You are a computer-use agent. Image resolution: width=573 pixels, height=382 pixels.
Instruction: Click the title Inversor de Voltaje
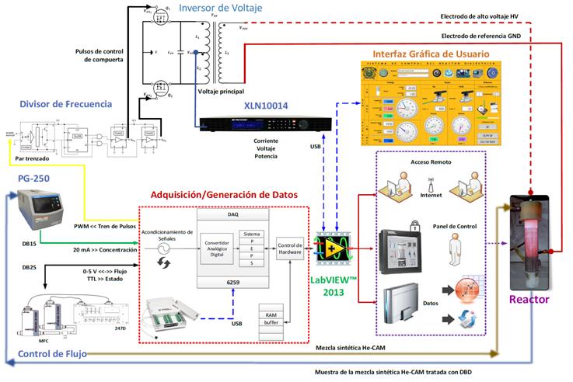pos(220,9)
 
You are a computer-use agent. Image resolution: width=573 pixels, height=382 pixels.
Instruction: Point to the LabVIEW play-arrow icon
pos(332,247)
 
